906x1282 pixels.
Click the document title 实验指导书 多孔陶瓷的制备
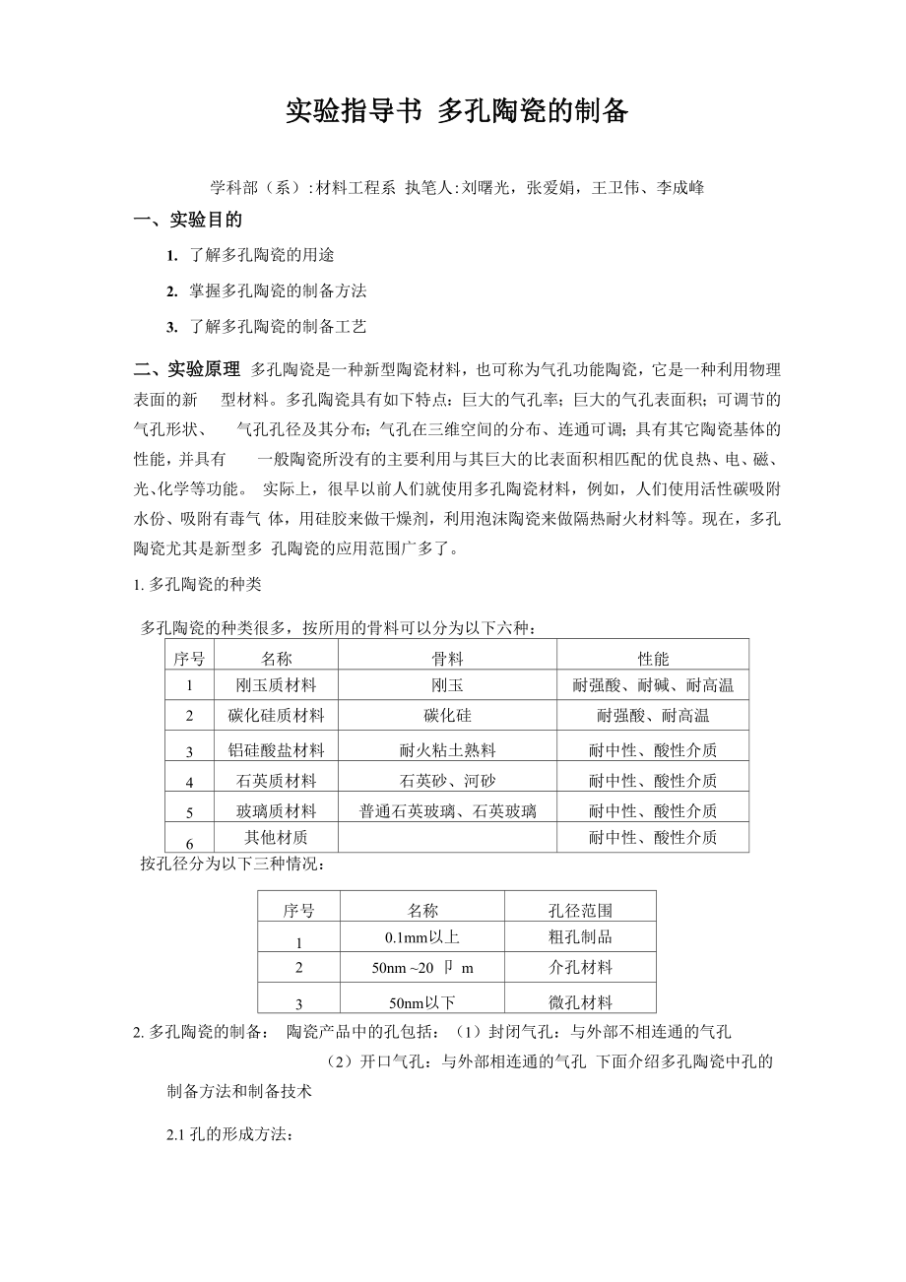point(456,112)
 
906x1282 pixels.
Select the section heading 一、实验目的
point(188,220)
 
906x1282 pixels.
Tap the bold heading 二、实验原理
point(187,369)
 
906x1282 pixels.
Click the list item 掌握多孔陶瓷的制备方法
point(278,290)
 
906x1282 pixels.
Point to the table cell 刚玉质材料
point(276,685)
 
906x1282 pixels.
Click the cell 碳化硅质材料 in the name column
point(276,716)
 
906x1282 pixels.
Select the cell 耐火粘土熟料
point(447,750)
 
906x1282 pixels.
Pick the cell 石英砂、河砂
point(447,781)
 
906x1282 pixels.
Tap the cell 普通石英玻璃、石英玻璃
point(447,811)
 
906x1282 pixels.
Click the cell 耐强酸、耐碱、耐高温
point(652,685)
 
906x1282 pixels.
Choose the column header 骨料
point(447,658)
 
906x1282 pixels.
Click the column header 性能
point(652,658)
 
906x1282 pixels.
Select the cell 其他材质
point(276,838)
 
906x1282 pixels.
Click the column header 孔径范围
point(579,911)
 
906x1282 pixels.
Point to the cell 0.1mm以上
point(421,937)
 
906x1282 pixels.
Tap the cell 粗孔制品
point(579,937)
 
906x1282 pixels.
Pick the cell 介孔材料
point(579,968)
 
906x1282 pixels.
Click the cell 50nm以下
point(421,1003)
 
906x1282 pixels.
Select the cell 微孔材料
point(579,1003)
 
